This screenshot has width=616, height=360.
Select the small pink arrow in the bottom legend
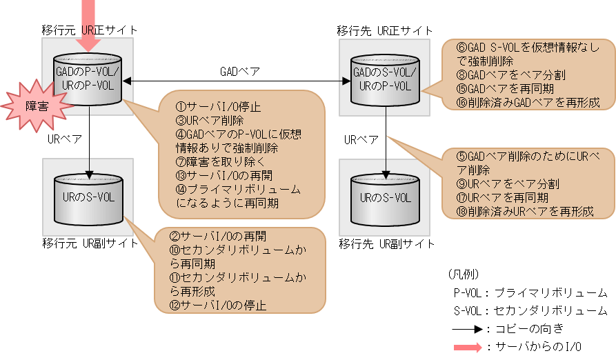click(467, 348)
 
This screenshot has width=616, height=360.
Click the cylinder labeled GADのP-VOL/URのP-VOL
click(88, 81)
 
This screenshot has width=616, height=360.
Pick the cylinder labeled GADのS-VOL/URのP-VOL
click(385, 80)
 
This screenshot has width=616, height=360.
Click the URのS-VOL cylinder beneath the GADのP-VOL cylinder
click(89, 197)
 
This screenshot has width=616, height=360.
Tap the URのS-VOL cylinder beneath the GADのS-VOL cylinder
click(385, 197)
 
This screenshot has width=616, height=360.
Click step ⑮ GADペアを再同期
click(509, 90)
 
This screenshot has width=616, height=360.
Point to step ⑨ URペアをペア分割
click(508, 184)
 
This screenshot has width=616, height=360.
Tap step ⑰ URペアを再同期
click(502, 197)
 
